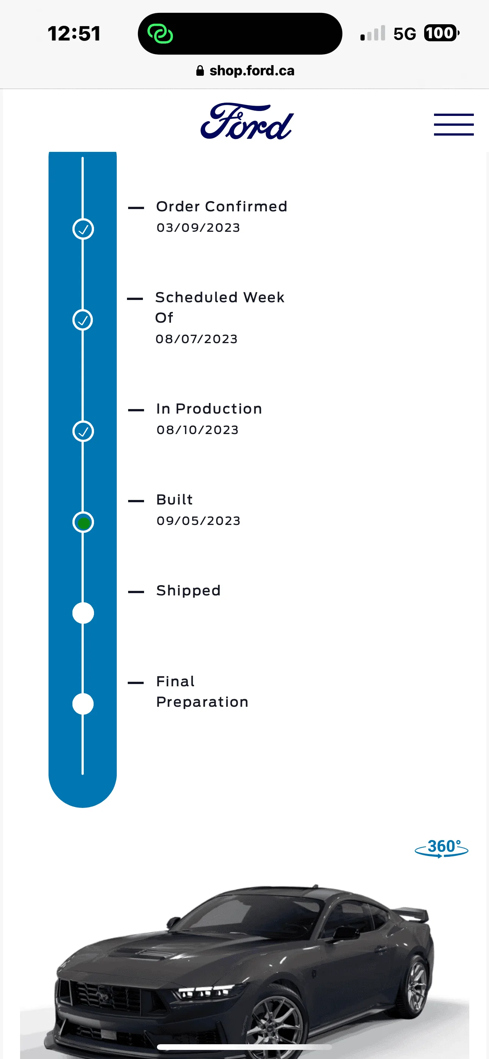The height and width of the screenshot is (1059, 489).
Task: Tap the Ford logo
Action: [x=247, y=121]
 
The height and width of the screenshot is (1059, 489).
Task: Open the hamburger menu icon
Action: [x=454, y=124]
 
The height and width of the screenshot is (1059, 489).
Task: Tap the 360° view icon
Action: [x=441, y=848]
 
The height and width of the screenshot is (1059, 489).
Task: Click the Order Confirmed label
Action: [x=221, y=206]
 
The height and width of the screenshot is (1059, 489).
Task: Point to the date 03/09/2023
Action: [x=198, y=228]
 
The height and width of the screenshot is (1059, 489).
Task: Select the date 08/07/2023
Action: [x=197, y=339]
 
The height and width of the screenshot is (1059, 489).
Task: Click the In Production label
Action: [x=209, y=409]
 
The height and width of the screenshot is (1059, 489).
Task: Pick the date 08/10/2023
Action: [x=197, y=430]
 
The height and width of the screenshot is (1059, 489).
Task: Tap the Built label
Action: [x=174, y=500]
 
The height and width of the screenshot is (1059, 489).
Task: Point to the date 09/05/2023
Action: [x=198, y=521]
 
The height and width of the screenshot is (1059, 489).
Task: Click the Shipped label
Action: [x=188, y=591]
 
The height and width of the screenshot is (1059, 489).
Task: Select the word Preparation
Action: [x=202, y=702]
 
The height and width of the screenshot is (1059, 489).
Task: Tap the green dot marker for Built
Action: [x=83, y=523]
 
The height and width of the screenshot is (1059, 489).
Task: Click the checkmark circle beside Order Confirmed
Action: [x=83, y=229]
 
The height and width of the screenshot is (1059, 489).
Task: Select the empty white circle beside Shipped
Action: [x=83, y=613]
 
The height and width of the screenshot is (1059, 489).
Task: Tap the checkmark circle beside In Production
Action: [x=83, y=431]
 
